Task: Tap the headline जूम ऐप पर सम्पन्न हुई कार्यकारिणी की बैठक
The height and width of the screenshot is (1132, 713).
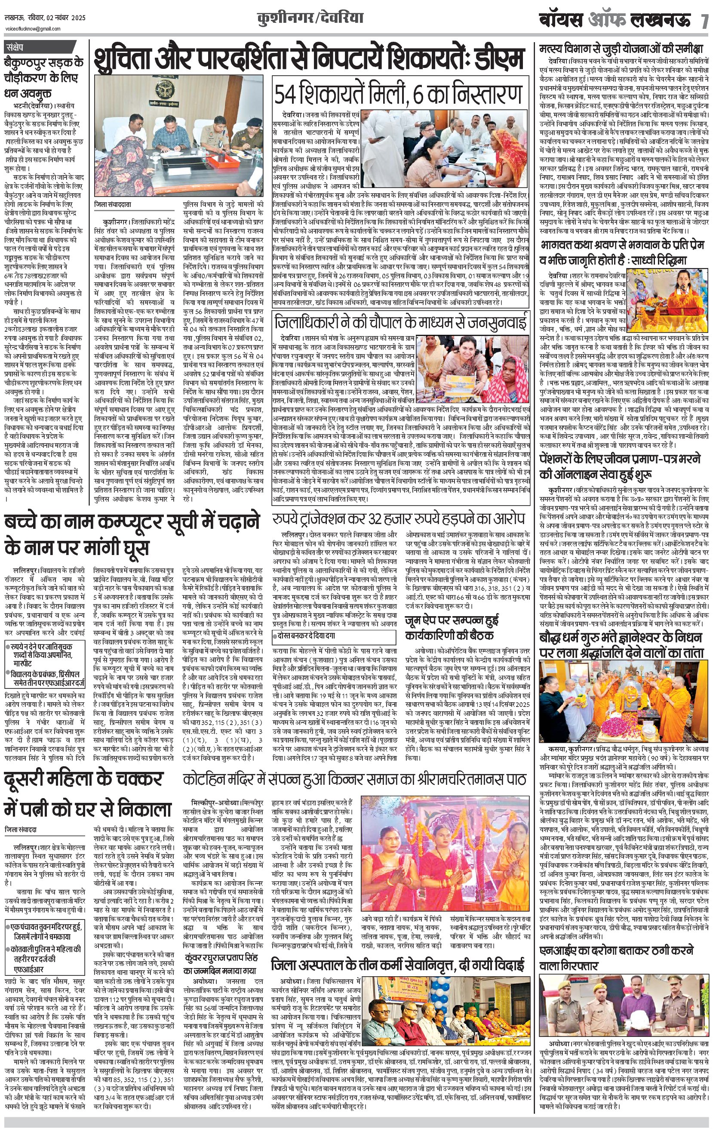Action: [x=452, y=628]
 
